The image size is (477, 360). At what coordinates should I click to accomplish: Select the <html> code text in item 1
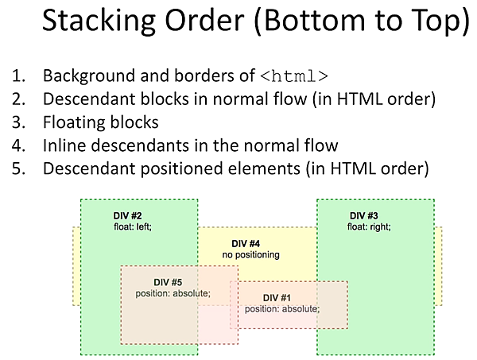(294, 77)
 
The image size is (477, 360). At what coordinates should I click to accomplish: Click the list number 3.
(18, 123)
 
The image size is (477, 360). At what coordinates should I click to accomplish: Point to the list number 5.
(18, 168)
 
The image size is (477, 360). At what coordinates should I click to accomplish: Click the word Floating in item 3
(72, 123)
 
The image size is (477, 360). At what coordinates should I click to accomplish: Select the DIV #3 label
(366, 215)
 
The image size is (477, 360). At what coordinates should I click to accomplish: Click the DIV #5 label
(168, 282)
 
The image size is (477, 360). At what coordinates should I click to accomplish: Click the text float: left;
(132, 226)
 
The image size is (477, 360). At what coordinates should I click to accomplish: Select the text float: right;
(369, 226)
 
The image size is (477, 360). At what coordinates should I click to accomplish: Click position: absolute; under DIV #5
(173, 293)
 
